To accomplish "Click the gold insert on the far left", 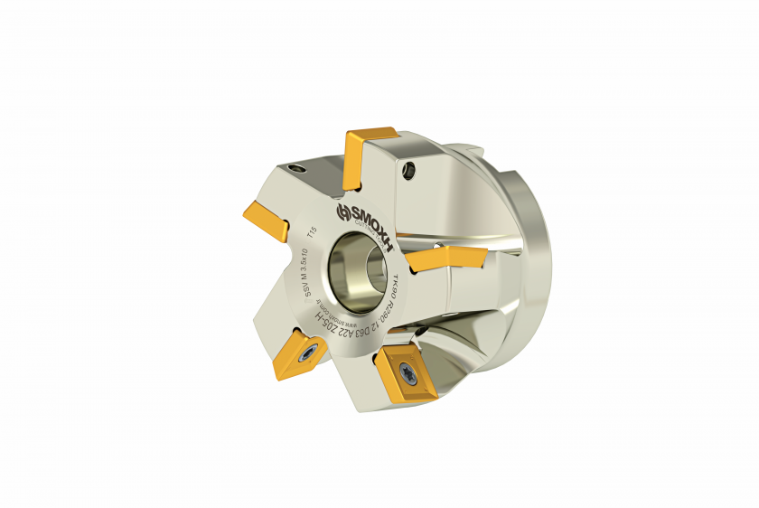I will tap(264, 219).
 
